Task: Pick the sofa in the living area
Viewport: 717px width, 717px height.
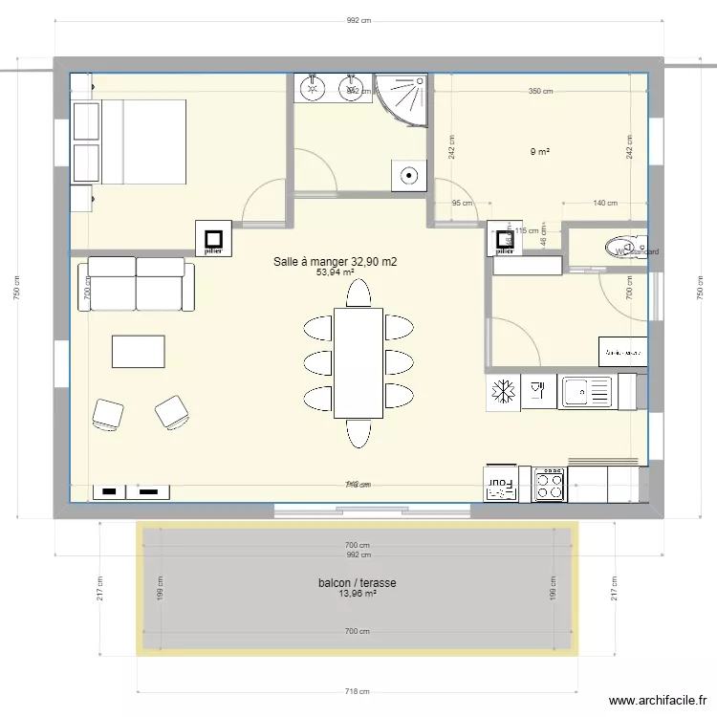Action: tap(136, 283)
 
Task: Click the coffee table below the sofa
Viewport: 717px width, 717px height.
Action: tap(138, 351)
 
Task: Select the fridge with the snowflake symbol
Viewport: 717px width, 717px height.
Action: tap(503, 392)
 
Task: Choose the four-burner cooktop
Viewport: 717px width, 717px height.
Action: tap(549, 484)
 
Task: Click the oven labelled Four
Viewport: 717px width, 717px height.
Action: tap(506, 484)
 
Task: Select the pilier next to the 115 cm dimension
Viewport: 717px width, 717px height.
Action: tap(502, 239)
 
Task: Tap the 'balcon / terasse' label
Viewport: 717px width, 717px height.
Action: tap(358, 582)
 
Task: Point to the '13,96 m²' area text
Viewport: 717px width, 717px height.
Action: tap(358, 594)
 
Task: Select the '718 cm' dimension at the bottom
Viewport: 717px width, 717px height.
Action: tap(358, 691)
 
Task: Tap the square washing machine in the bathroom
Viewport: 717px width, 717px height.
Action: tap(409, 175)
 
